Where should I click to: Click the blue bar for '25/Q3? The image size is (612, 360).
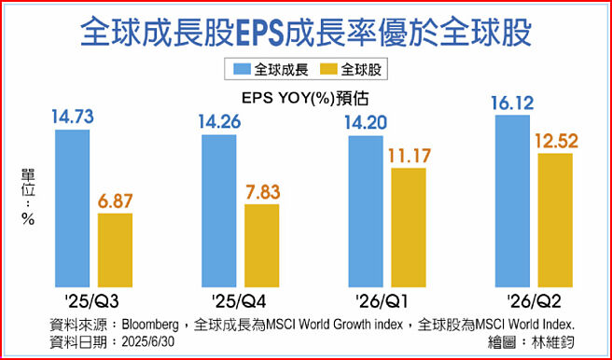pyautogui.click(x=73, y=206)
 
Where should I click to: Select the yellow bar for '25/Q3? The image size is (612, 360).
pyautogui.click(x=116, y=248)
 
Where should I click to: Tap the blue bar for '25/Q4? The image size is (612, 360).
pyautogui.click(x=219, y=209)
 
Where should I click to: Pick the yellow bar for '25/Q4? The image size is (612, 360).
pyautogui.click(x=261, y=243)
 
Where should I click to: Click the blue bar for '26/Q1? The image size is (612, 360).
pyautogui.click(x=366, y=209)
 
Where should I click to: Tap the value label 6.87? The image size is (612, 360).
pyautogui.click(x=116, y=200)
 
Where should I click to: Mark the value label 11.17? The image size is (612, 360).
pyautogui.click(x=408, y=155)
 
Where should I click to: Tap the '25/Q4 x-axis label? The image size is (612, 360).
pyautogui.click(x=240, y=300)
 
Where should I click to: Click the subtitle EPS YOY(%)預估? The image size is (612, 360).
pyautogui.click(x=306, y=95)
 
